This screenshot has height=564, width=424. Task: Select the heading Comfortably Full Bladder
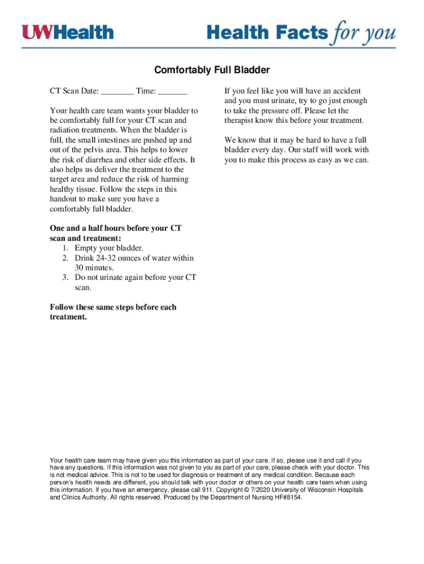[212, 70]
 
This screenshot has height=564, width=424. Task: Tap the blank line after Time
[172, 91]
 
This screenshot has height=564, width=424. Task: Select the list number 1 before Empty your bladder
[66, 248]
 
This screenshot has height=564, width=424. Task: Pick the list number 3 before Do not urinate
[66, 278]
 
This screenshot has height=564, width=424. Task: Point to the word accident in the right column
[346, 91]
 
